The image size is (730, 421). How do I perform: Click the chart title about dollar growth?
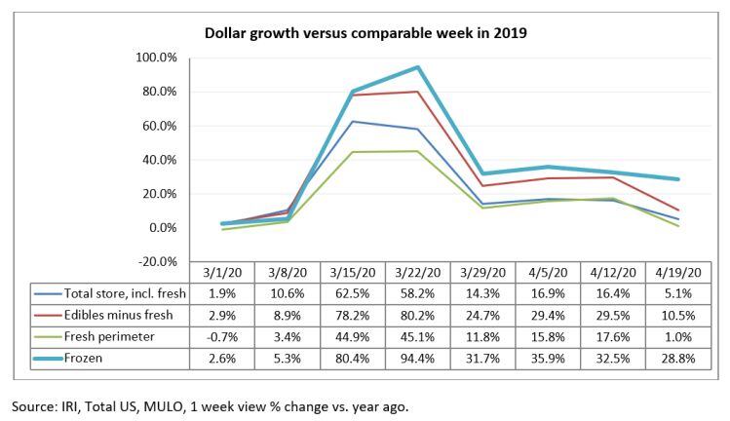[x=365, y=33]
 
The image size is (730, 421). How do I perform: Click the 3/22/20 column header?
[x=418, y=275]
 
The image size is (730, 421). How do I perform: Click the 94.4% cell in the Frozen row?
[x=418, y=359]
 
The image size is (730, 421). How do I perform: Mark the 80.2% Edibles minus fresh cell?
[x=418, y=316]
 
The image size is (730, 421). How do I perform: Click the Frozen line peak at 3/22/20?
[x=418, y=67]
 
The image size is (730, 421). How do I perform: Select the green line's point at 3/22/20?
[x=418, y=151]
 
